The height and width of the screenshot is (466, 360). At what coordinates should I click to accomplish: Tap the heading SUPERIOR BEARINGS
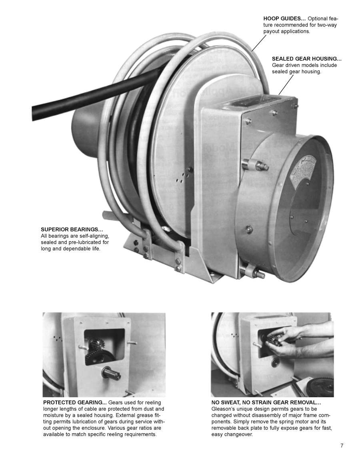72,230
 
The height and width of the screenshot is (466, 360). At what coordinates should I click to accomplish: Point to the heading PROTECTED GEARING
75,402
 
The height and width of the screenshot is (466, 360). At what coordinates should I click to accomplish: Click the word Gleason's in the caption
223,409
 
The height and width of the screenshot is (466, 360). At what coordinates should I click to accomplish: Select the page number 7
342,446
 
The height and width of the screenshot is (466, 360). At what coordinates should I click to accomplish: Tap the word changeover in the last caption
236,434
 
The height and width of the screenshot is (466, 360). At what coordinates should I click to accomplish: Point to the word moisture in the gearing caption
55,415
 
